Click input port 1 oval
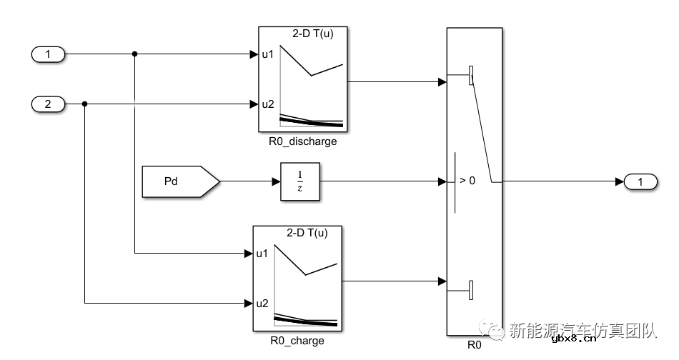pos(49,54)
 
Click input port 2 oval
pos(49,104)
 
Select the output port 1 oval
pos(640,182)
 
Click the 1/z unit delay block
pos(300,181)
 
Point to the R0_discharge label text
pos(302,141)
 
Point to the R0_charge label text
pos(297,341)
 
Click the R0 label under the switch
pos(475,345)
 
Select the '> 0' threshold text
pos(467,181)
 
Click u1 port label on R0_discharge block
pos(267,54)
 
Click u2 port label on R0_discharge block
pos(267,104)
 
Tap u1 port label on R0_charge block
pos(262,253)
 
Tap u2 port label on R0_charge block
pos(262,304)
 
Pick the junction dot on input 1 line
pos(135,54)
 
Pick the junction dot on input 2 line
pos(85,104)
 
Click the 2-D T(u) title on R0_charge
pos(308,233)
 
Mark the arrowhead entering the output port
pos(619,182)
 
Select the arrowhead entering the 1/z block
pos(276,181)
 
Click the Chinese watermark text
pos(582,331)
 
